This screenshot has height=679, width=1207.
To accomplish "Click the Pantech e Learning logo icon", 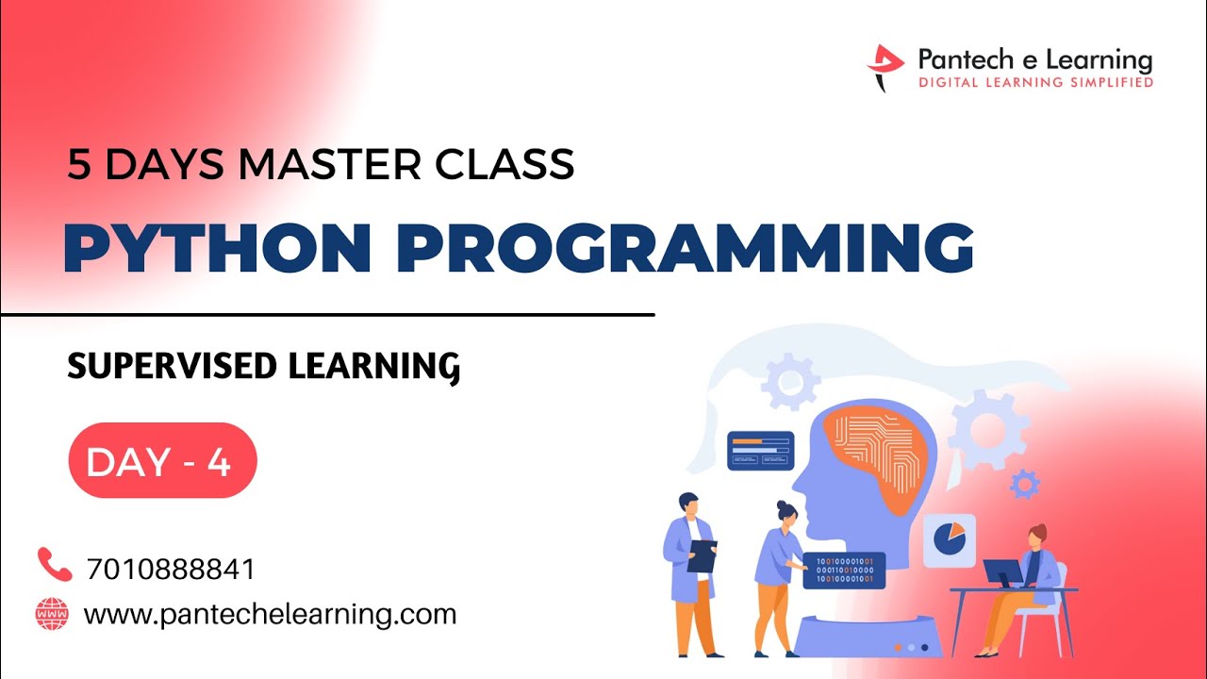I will (885, 67).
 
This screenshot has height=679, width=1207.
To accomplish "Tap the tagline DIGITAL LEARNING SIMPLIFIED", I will (1035, 83).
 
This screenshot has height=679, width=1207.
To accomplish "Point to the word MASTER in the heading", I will (333, 164).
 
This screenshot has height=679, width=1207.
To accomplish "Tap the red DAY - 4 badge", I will (162, 460).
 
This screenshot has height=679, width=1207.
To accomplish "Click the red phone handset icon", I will (54, 564).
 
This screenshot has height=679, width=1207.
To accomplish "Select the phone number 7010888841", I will (170, 570).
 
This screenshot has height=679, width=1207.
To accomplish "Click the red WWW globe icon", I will (52, 614).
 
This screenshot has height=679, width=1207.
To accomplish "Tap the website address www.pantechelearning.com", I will (270, 615).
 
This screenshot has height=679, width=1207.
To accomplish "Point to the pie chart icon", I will (949, 538).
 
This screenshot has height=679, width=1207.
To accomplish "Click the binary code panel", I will (843, 570).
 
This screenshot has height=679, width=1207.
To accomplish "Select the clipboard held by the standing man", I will (702, 555).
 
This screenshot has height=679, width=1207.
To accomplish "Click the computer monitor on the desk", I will (1001, 571).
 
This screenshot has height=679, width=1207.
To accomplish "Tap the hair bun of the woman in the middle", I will (783, 506).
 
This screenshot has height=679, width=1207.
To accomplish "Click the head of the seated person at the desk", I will (1036, 537).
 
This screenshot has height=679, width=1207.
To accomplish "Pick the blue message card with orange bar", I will (760, 451).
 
